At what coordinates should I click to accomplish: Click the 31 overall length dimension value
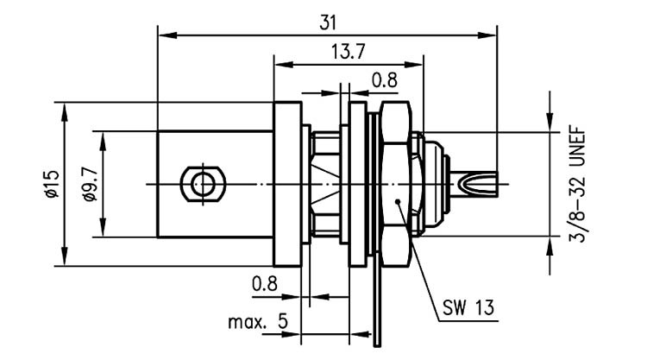coord(328,23)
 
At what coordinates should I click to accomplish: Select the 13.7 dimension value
coord(349,52)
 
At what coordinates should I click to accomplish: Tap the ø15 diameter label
coord(53,183)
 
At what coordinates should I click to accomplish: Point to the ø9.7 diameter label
coord(90,184)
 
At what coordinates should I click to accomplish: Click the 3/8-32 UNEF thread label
coord(577,185)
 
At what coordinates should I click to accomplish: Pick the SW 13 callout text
coord(468,307)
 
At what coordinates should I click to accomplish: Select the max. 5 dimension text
coord(258,322)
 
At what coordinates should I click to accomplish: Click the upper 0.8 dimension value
coord(384,80)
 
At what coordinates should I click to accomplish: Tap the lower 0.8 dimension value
coord(265,284)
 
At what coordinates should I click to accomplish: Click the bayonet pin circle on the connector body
coord(204,184)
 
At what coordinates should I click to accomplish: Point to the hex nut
coord(396,184)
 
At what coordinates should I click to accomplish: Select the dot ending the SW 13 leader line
coord(398,201)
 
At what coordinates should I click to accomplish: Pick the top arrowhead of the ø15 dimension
coord(64,111)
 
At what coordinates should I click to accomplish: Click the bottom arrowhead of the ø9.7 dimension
coord(103,227)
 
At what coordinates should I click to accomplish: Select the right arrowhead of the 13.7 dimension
coord(414,65)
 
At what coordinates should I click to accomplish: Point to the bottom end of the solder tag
coord(378,346)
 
